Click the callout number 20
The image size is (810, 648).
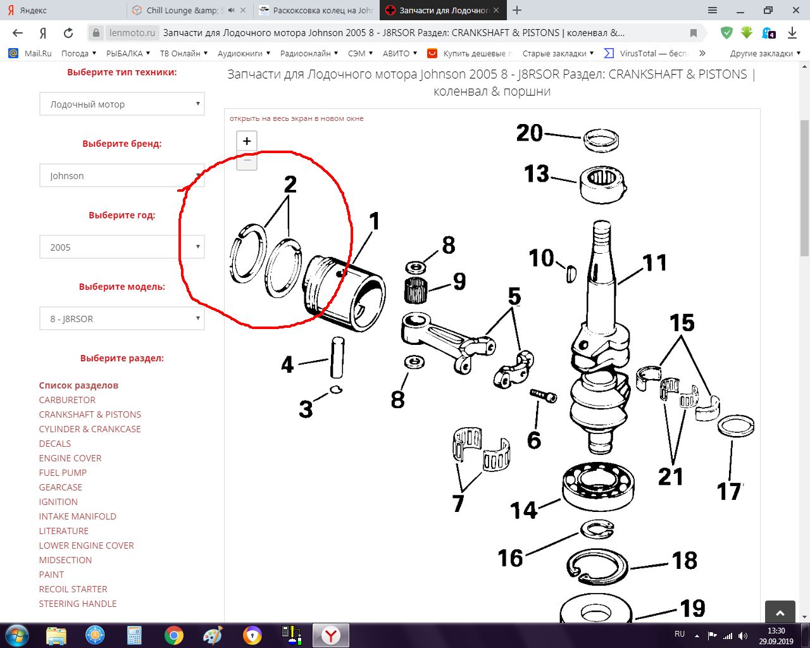[x=529, y=133]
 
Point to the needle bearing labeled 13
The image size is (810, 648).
[x=603, y=185]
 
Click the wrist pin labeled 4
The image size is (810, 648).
[x=337, y=358]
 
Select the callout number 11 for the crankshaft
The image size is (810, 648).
[x=655, y=263]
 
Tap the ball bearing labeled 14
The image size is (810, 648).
[x=598, y=487]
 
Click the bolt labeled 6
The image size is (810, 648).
[x=543, y=396]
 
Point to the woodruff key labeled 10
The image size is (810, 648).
[x=571, y=274]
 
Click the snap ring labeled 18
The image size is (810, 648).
[x=597, y=567]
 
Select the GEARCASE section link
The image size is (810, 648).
[x=61, y=487]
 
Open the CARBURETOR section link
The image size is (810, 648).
[x=67, y=400]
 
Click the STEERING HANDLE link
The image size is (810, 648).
[x=78, y=604]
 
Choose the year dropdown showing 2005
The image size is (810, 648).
[x=122, y=247]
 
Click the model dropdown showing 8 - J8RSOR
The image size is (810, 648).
[x=122, y=318]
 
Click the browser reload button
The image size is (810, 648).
[x=68, y=33]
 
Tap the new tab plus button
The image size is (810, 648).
[x=517, y=10]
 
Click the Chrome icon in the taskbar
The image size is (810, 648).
[x=173, y=635]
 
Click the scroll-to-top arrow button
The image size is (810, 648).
[x=780, y=613]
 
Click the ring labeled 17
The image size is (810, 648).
[x=736, y=426]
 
